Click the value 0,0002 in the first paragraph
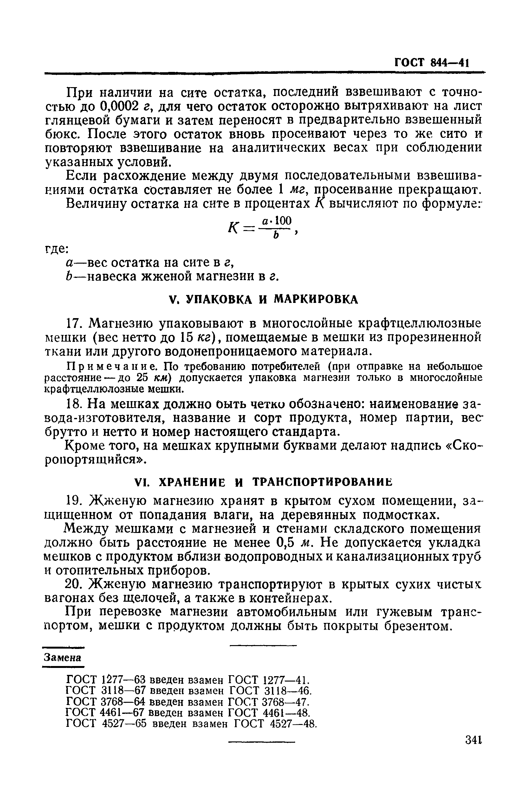(120, 106)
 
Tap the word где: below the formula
(56, 249)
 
